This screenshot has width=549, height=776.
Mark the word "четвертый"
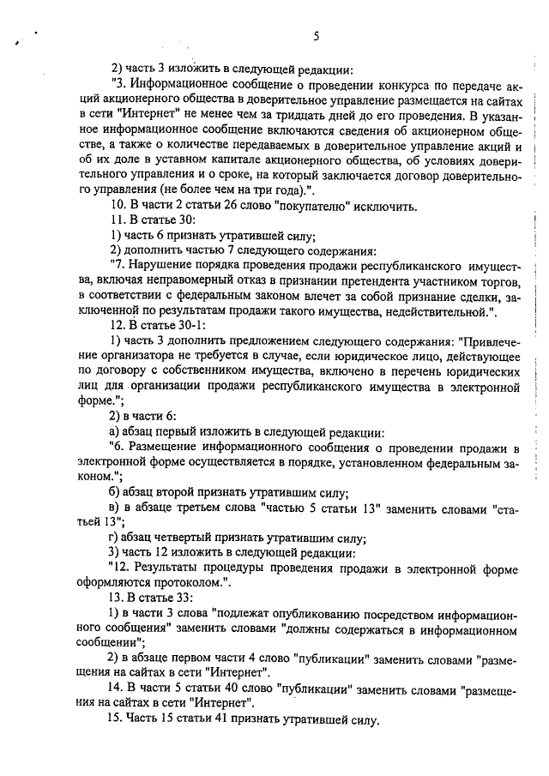184,538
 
